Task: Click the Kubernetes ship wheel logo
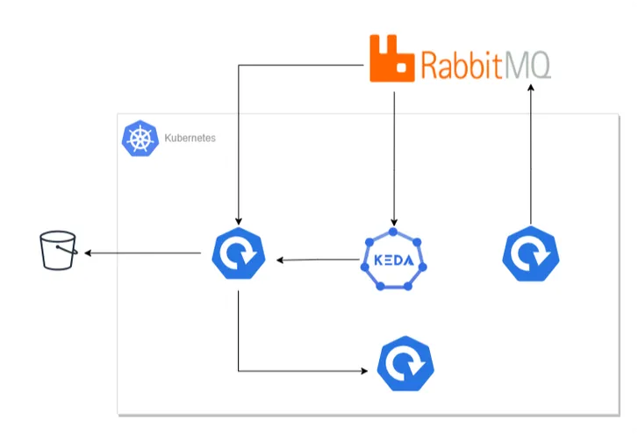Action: click(x=139, y=139)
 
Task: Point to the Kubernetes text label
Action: click(x=190, y=139)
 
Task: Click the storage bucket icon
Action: click(x=59, y=251)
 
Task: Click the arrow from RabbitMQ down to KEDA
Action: click(x=394, y=158)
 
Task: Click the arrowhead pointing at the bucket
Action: click(x=89, y=253)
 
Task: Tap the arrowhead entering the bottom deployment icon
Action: click(x=365, y=371)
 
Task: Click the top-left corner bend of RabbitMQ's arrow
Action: click(x=239, y=65)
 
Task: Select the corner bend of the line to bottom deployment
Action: click(x=239, y=371)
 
